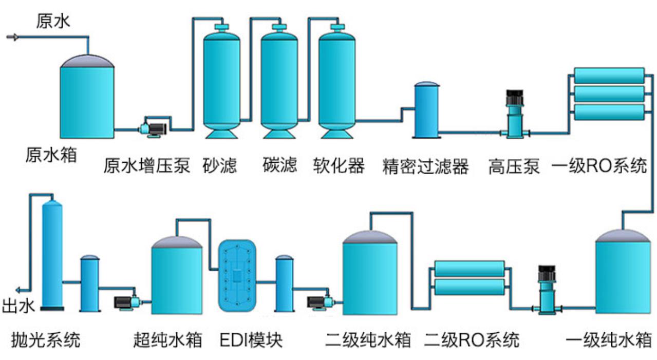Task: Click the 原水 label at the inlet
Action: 53,22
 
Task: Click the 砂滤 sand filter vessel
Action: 221,82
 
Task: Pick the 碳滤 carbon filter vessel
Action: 279,82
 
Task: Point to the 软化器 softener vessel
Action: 337,82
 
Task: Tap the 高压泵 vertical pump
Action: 514,116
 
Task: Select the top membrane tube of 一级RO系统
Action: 609,75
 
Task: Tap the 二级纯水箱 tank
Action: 370,275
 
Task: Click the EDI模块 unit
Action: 237,276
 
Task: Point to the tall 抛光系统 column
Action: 52,254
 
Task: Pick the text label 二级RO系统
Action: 472,340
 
